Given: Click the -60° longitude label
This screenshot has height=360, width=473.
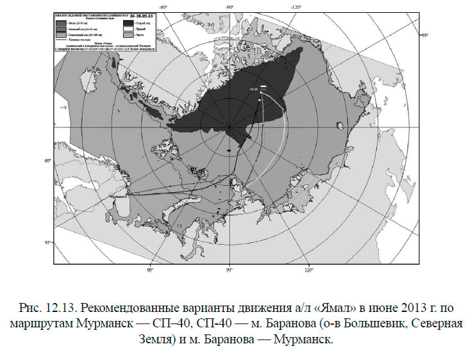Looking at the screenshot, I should click(164, 7).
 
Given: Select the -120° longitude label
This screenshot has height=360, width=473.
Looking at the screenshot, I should click(295, 7).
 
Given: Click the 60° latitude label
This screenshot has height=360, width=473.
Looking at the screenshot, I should click(48, 161).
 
